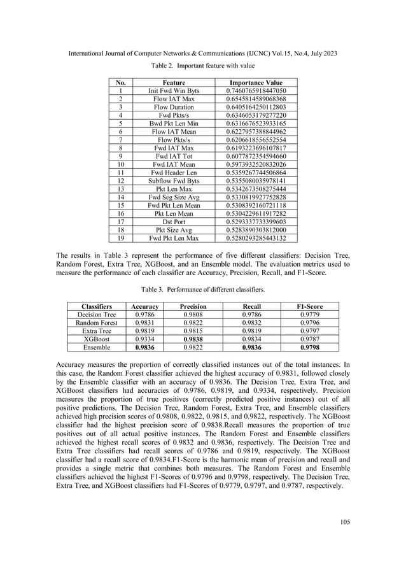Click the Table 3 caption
coord(203,290)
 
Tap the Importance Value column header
coord(255,83)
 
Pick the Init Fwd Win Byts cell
coord(174,91)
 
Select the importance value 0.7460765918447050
coord(256,91)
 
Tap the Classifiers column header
coord(96,306)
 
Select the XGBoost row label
coord(96,339)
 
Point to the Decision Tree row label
coord(96,315)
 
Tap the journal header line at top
coord(203,46)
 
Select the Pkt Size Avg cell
coord(174,229)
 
